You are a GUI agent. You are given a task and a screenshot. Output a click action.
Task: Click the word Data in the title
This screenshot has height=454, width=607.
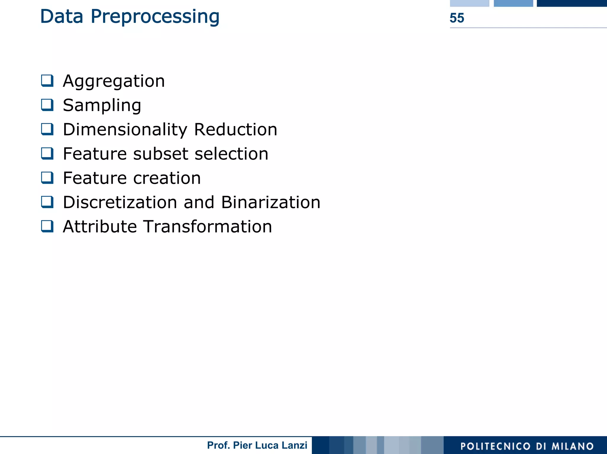61,17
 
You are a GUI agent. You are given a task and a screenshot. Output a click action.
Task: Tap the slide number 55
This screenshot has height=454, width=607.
457,18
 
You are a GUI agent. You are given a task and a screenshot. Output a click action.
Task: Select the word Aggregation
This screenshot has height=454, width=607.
114,81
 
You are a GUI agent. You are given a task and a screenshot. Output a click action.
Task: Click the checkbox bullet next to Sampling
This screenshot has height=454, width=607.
47,105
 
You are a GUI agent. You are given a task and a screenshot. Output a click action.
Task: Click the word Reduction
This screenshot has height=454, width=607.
236,130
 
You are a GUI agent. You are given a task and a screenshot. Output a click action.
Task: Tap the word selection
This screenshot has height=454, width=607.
231,154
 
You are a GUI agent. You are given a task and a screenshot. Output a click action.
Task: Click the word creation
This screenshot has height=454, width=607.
167,178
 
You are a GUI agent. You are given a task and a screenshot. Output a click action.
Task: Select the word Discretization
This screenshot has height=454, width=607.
120,202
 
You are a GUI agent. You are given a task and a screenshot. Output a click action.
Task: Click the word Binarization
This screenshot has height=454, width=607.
271,202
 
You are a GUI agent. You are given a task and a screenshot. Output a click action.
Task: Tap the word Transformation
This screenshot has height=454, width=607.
208,227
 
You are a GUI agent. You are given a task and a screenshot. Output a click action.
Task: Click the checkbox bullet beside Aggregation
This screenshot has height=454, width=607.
47,81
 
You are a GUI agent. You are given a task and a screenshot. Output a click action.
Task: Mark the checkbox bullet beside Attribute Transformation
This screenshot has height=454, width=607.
47,226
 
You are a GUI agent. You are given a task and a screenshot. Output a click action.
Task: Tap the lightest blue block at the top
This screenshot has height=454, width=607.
469,3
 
